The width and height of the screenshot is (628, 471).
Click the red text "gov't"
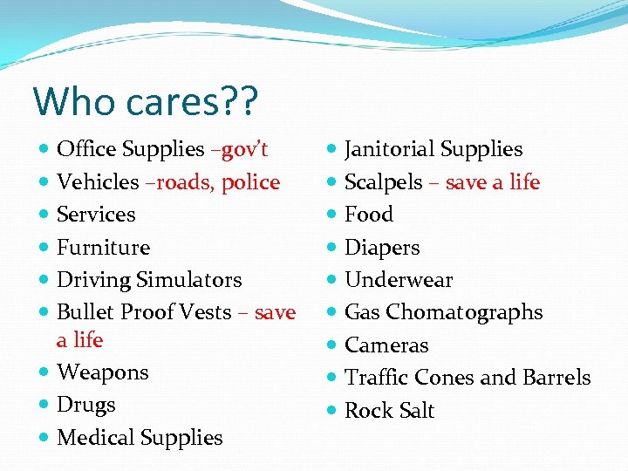point(245,150)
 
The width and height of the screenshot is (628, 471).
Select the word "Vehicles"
point(98,182)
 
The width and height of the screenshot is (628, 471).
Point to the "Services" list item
point(96,215)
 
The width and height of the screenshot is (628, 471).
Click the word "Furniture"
point(103,248)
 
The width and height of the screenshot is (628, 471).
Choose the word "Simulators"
point(188,280)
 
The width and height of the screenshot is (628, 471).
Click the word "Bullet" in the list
point(85,312)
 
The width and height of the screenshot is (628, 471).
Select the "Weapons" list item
point(103,372)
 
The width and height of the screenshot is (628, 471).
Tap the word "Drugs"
point(85,406)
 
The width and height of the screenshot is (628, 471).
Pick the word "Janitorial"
point(390,150)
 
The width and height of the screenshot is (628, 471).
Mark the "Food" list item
point(369,215)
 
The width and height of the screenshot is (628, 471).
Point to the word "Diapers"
point(382,248)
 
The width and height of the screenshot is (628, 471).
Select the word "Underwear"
point(399,280)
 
